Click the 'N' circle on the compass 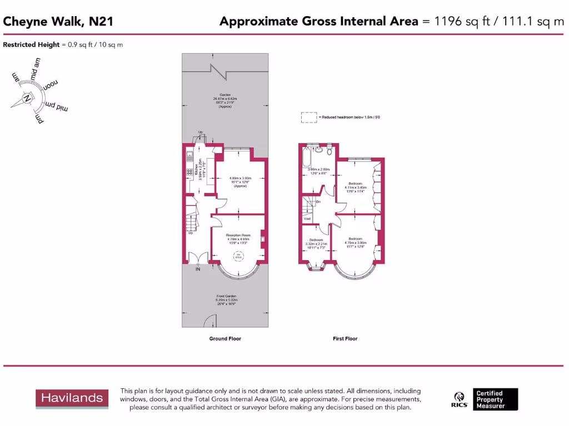(26, 99)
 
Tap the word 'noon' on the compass (49, 85)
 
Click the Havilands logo (70, 398)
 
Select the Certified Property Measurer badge (496, 399)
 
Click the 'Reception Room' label (239, 235)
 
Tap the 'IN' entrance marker (197, 270)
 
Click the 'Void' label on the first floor (307, 219)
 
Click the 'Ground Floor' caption (225, 338)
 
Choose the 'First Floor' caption (345, 338)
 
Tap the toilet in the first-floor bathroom (329, 150)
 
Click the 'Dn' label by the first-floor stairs (318, 201)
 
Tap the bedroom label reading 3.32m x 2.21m (316, 242)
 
